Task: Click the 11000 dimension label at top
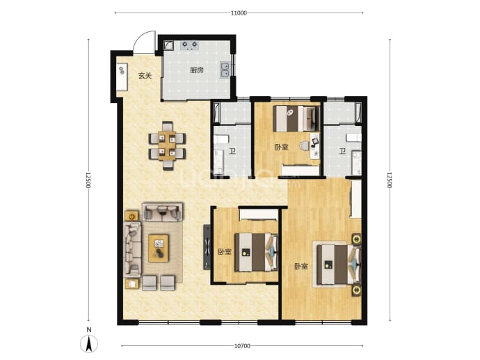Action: point(239,13)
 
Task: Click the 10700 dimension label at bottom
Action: point(242,346)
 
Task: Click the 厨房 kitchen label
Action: point(197,70)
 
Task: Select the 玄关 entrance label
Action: point(145,76)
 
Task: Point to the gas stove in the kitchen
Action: point(190,45)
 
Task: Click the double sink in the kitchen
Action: point(225,70)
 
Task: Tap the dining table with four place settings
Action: point(167,146)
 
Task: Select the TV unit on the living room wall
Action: point(207,247)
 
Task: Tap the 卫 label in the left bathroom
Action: point(233,151)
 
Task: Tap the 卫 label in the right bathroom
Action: point(342,151)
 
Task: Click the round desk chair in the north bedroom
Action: point(305,146)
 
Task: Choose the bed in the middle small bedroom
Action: point(257,252)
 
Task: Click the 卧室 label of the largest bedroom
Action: point(301,266)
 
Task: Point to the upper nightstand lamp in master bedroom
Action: point(356,239)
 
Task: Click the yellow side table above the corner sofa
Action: point(131,216)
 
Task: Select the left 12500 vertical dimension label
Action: point(88,180)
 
